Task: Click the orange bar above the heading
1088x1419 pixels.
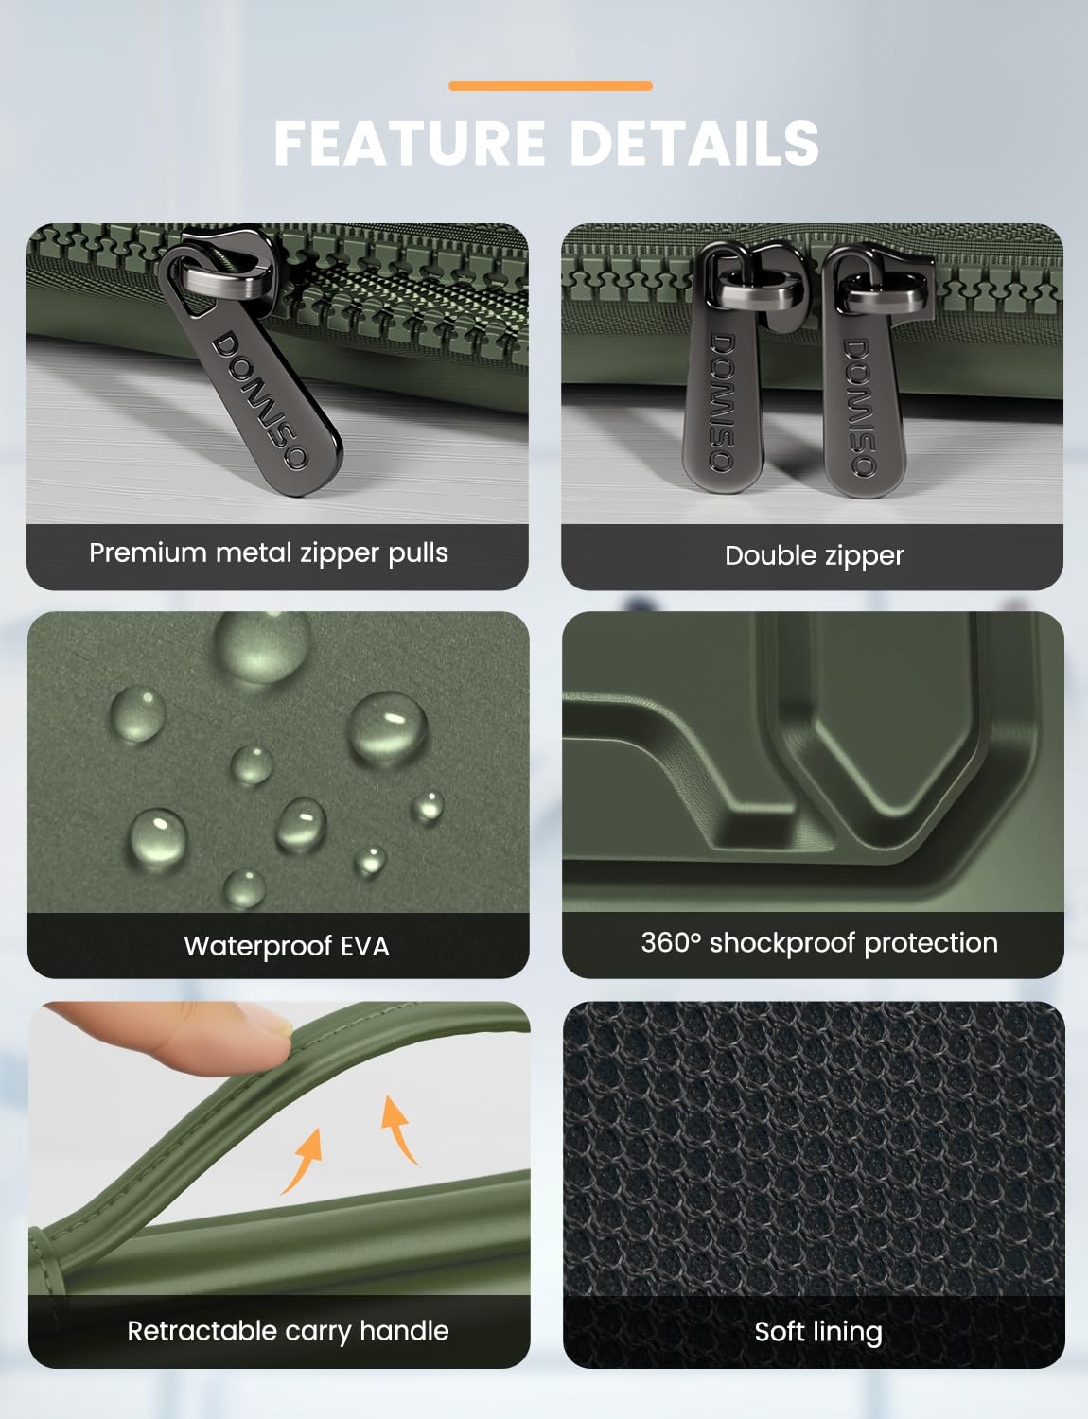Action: coord(550,85)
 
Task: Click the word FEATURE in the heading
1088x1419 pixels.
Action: coord(410,143)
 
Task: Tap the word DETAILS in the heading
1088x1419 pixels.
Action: coord(694,143)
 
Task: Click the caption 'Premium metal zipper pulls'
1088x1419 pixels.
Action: coord(269,553)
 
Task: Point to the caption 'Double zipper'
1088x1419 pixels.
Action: coord(815,556)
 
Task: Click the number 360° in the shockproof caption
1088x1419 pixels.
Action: coord(671,942)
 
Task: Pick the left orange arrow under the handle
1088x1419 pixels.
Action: coord(304,1162)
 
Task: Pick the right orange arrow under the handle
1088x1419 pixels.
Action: coord(398,1130)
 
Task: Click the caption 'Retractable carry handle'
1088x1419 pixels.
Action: coord(288,1332)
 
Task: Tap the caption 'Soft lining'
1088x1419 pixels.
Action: coord(818,1332)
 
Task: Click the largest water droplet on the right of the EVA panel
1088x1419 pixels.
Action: coord(388,727)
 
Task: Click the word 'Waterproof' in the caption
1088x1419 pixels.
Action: coord(258,947)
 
